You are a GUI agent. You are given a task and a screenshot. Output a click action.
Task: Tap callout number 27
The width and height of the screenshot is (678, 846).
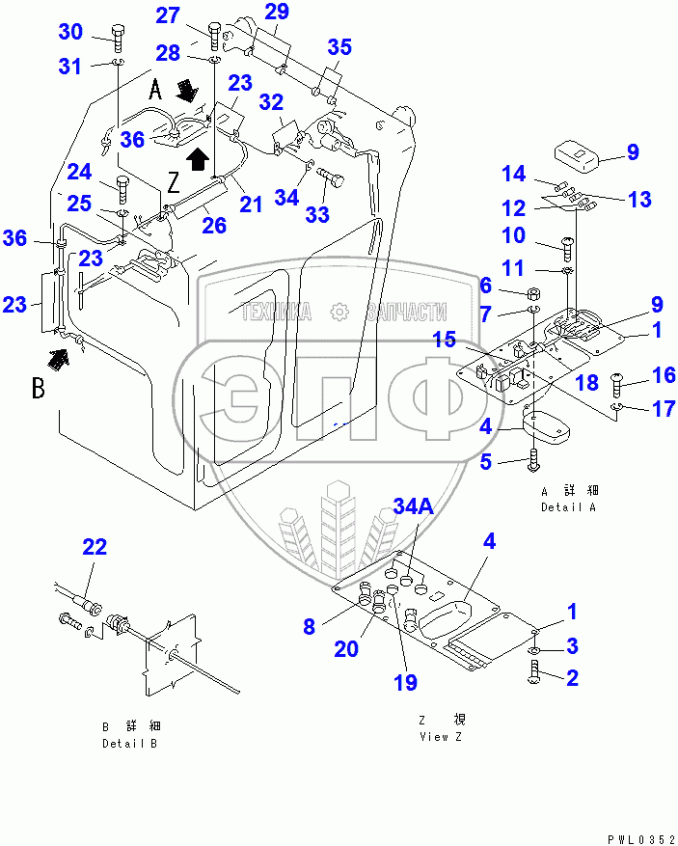pyautogui.click(x=169, y=15)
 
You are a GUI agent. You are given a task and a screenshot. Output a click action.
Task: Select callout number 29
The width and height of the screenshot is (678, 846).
pyautogui.click(x=277, y=13)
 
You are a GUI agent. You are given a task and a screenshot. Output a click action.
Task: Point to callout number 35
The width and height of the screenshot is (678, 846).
pyautogui.click(x=339, y=48)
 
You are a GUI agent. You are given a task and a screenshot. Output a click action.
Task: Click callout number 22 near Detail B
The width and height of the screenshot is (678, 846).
pyautogui.click(x=95, y=548)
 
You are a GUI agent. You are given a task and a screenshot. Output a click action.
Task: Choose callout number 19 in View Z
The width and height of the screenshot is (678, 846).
pyautogui.click(x=405, y=682)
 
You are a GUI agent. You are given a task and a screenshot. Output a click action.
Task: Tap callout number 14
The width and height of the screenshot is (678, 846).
pyautogui.click(x=514, y=174)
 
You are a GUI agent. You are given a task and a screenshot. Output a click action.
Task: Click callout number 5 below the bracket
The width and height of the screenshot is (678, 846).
pyautogui.click(x=487, y=462)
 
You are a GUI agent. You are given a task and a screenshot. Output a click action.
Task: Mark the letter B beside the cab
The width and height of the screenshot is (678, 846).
pyautogui.click(x=39, y=391)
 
